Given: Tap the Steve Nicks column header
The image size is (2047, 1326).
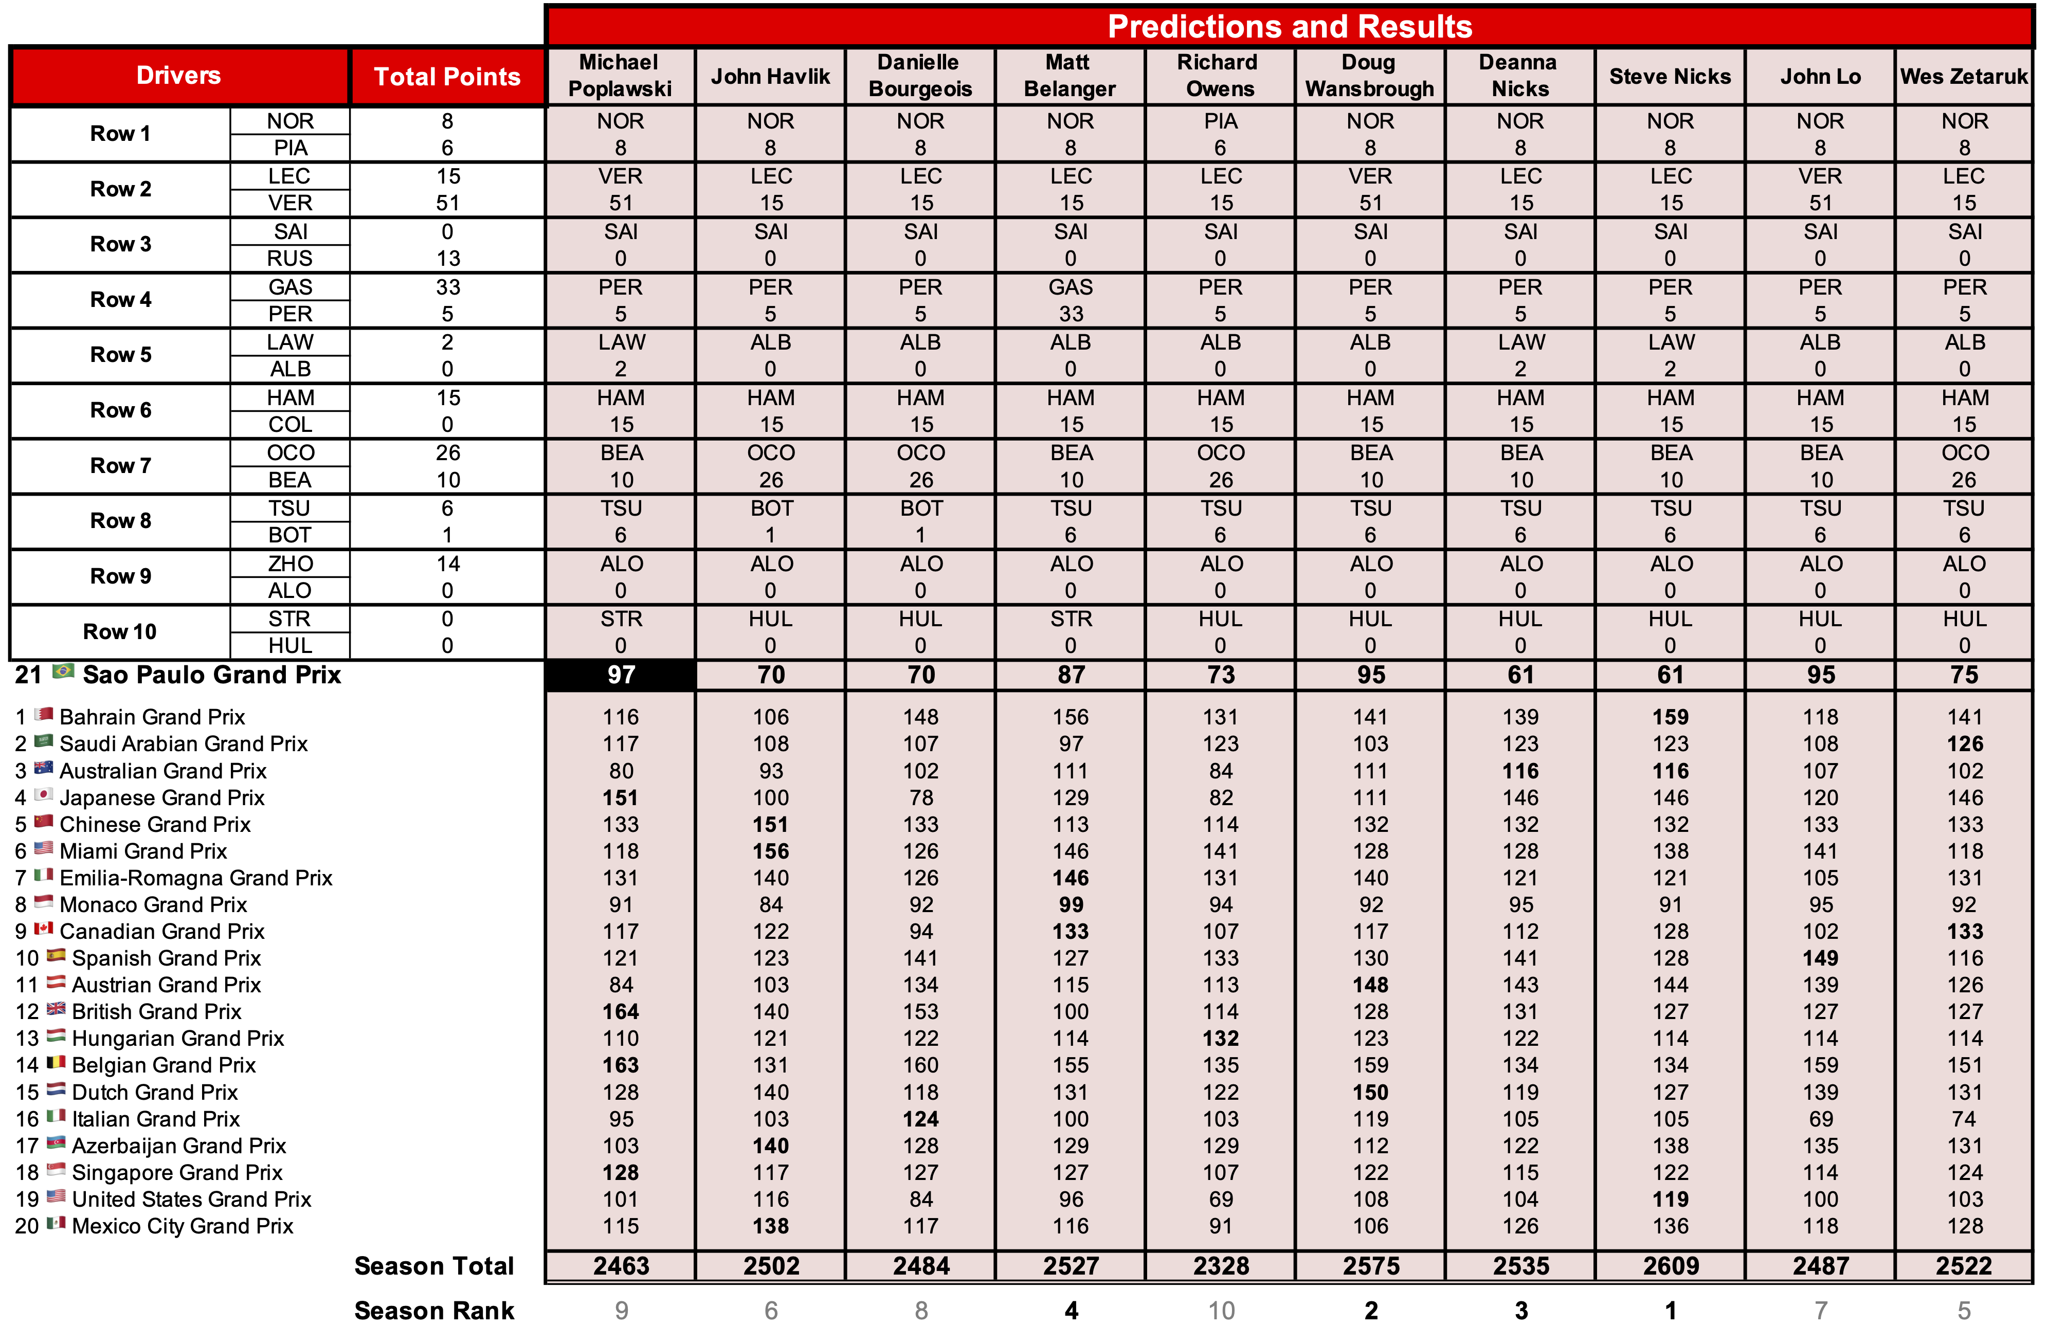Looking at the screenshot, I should [1670, 77].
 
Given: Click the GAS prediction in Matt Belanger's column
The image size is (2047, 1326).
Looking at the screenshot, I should [1070, 287].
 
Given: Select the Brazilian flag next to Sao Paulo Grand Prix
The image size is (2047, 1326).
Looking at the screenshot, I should [63, 671].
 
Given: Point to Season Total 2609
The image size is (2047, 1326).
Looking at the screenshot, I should [1670, 1266].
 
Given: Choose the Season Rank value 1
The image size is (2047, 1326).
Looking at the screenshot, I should [1670, 1311].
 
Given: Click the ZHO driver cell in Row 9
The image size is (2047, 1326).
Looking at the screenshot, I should [290, 564].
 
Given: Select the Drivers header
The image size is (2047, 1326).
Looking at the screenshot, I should [179, 76].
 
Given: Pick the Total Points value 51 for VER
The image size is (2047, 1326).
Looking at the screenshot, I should [447, 203].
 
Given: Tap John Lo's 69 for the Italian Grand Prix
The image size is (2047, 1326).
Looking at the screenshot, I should [1820, 1119].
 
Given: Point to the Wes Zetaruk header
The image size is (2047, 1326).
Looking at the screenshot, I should [1964, 77].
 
